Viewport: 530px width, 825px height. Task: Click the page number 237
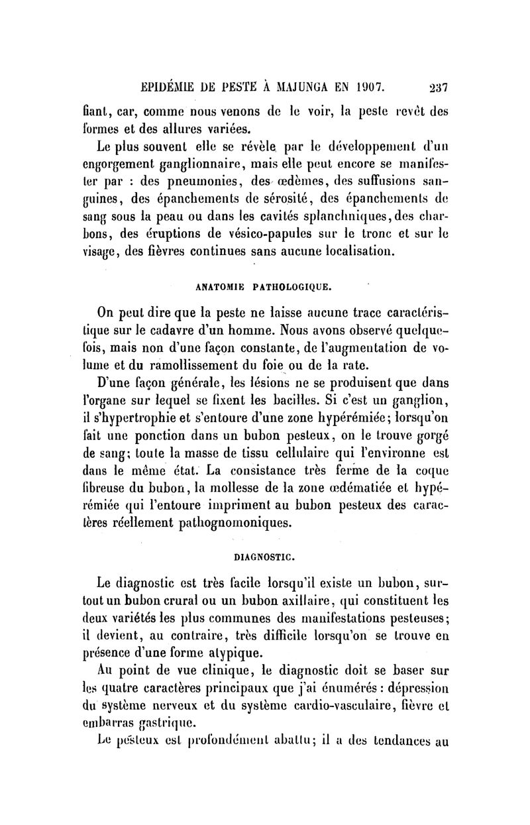pyautogui.click(x=438, y=86)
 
